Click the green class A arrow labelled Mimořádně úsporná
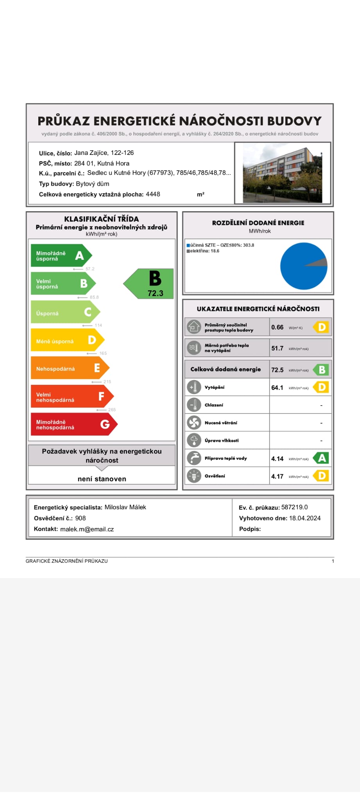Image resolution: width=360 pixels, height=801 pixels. pyautogui.click(x=61, y=256)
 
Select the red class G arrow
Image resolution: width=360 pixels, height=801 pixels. pyautogui.click(x=73, y=424)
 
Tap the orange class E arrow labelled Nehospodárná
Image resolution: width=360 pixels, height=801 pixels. pyautogui.click(x=70, y=368)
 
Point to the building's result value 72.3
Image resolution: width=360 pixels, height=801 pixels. pyautogui.click(x=155, y=293)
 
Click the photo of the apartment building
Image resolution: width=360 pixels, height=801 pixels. pyautogui.click(x=283, y=173)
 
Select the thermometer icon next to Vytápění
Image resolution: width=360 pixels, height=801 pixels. pyautogui.click(x=194, y=387)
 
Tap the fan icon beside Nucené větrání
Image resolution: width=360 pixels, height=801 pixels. pyautogui.click(x=194, y=422)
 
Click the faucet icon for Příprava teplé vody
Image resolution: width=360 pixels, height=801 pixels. pyautogui.click(x=194, y=458)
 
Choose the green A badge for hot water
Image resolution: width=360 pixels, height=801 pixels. pyautogui.click(x=321, y=458)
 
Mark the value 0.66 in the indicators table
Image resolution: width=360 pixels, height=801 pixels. pyautogui.click(x=277, y=327)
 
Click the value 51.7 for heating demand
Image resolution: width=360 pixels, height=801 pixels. pyautogui.click(x=277, y=348)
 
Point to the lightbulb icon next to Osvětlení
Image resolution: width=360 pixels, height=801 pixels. pyautogui.click(x=194, y=476)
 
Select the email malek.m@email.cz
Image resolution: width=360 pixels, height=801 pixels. pyautogui.click(x=87, y=529)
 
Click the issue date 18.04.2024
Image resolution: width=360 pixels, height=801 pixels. pyautogui.click(x=304, y=518)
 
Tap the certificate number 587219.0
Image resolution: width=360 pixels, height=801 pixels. pyautogui.click(x=294, y=507)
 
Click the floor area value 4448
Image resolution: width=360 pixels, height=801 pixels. pyautogui.click(x=153, y=194)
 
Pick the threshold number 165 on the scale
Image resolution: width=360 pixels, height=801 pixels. pyautogui.click(x=103, y=353)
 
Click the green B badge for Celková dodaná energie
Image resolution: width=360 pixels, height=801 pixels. pyautogui.click(x=321, y=370)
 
